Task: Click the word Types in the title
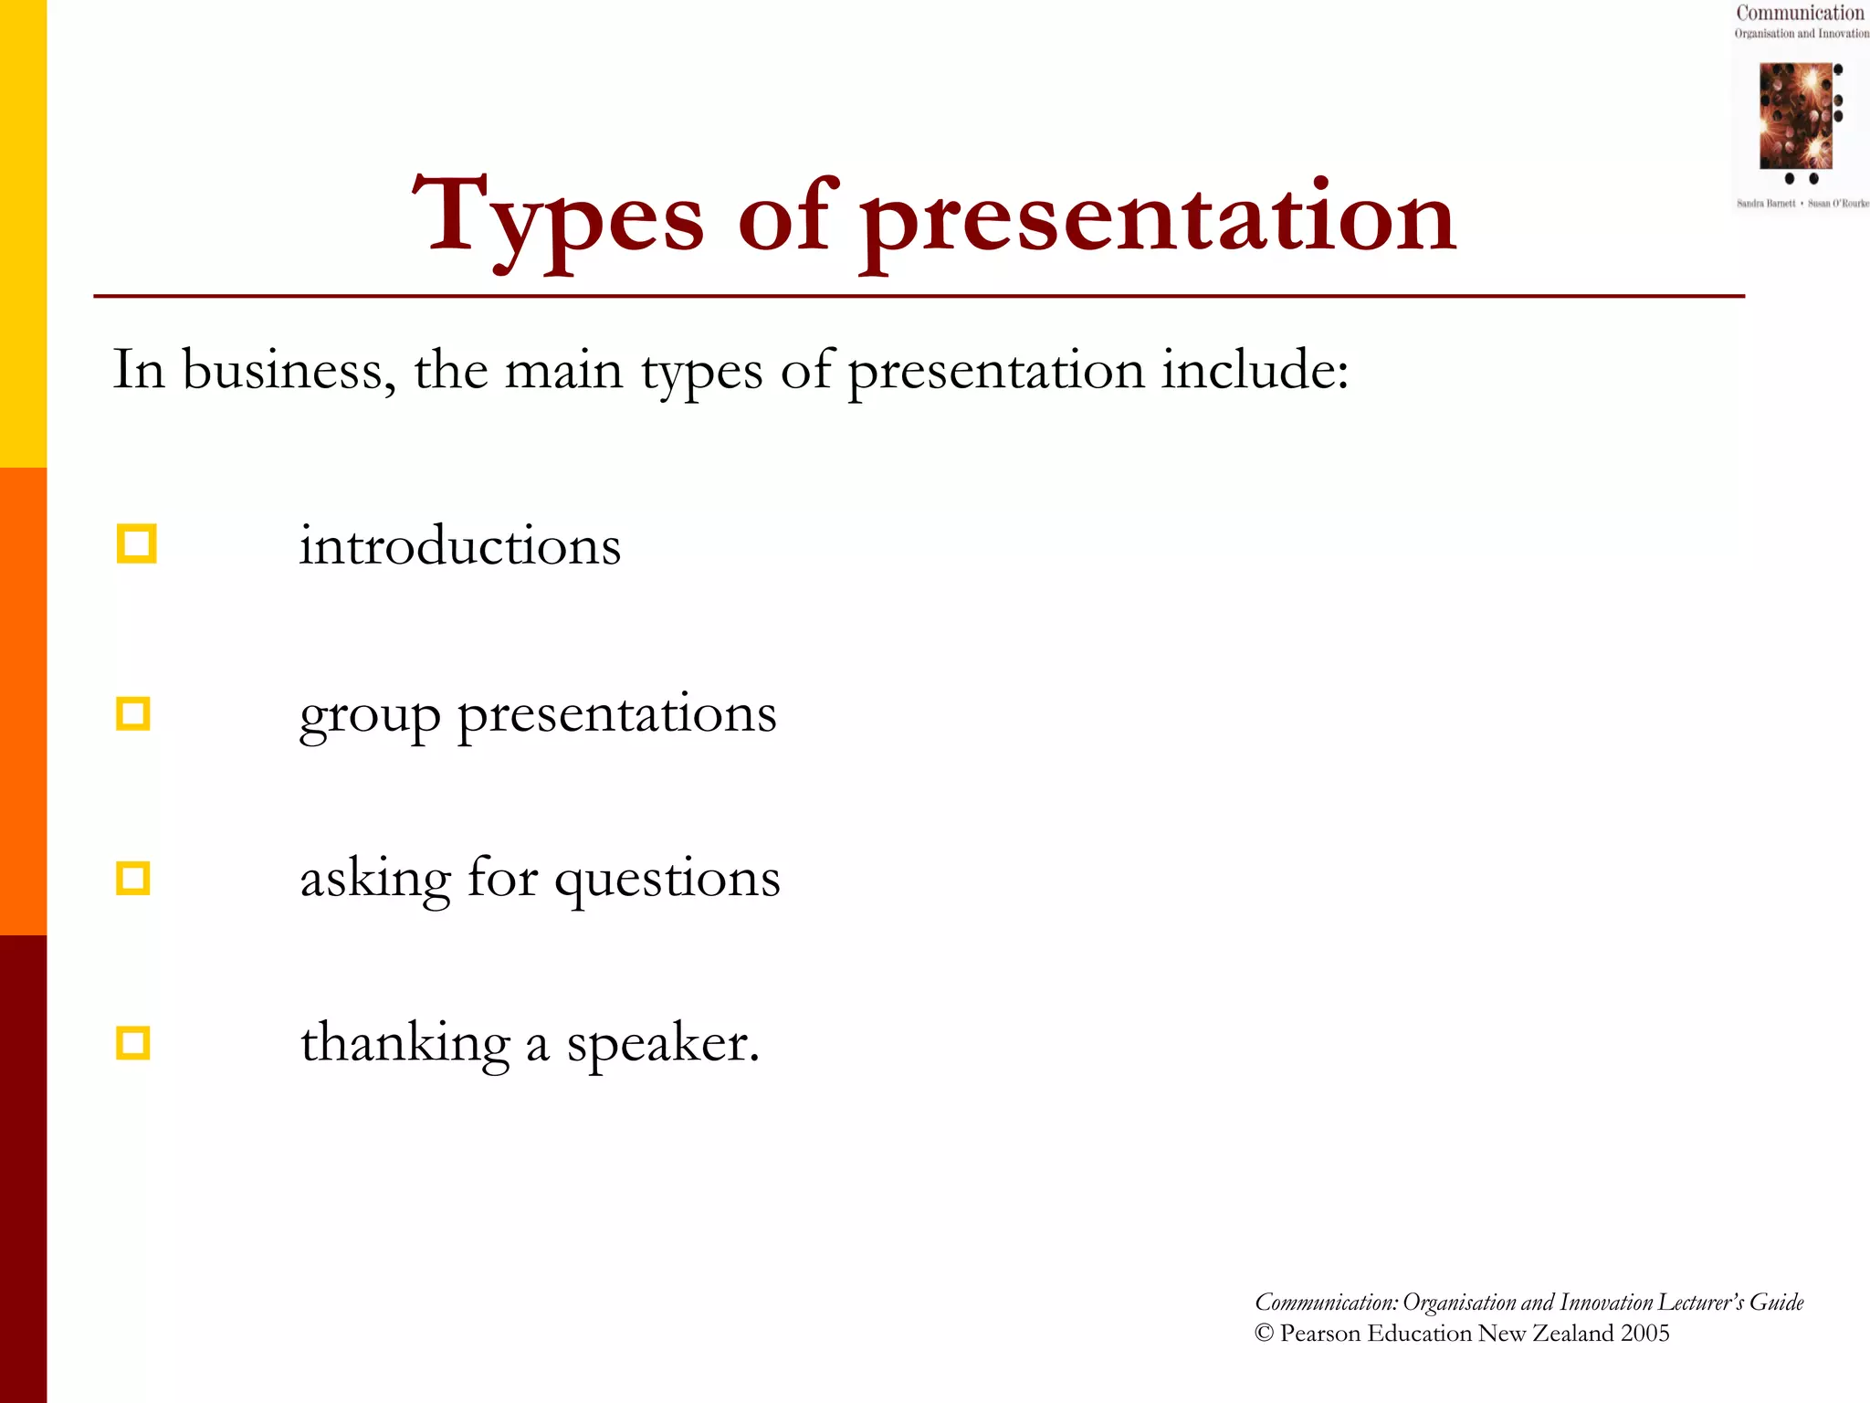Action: pos(558,217)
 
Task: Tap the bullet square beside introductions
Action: pos(137,543)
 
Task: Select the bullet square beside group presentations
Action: pos(134,713)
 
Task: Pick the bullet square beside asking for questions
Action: pos(133,878)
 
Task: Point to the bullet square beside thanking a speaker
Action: pos(133,1043)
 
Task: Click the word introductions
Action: pos(460,546)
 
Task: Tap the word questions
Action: pos(667,880)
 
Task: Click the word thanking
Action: pos(404,1044)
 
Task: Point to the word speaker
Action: pos(663,1044)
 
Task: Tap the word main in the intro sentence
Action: pos(563,371)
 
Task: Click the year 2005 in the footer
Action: pos(1644,1334)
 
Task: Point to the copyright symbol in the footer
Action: pos(1264,1334)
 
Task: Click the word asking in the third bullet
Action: pos(375,880)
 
